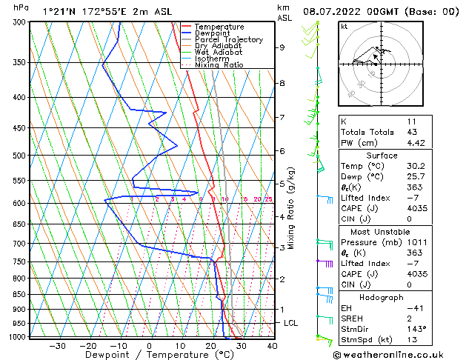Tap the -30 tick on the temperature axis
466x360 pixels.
point(57,345)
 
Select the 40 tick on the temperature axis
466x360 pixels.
point(272,345)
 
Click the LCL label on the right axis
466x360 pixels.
point(291,324)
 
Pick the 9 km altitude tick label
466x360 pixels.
point(282,47)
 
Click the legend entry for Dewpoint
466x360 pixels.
point(219,33)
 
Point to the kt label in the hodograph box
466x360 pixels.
point(344,26)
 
